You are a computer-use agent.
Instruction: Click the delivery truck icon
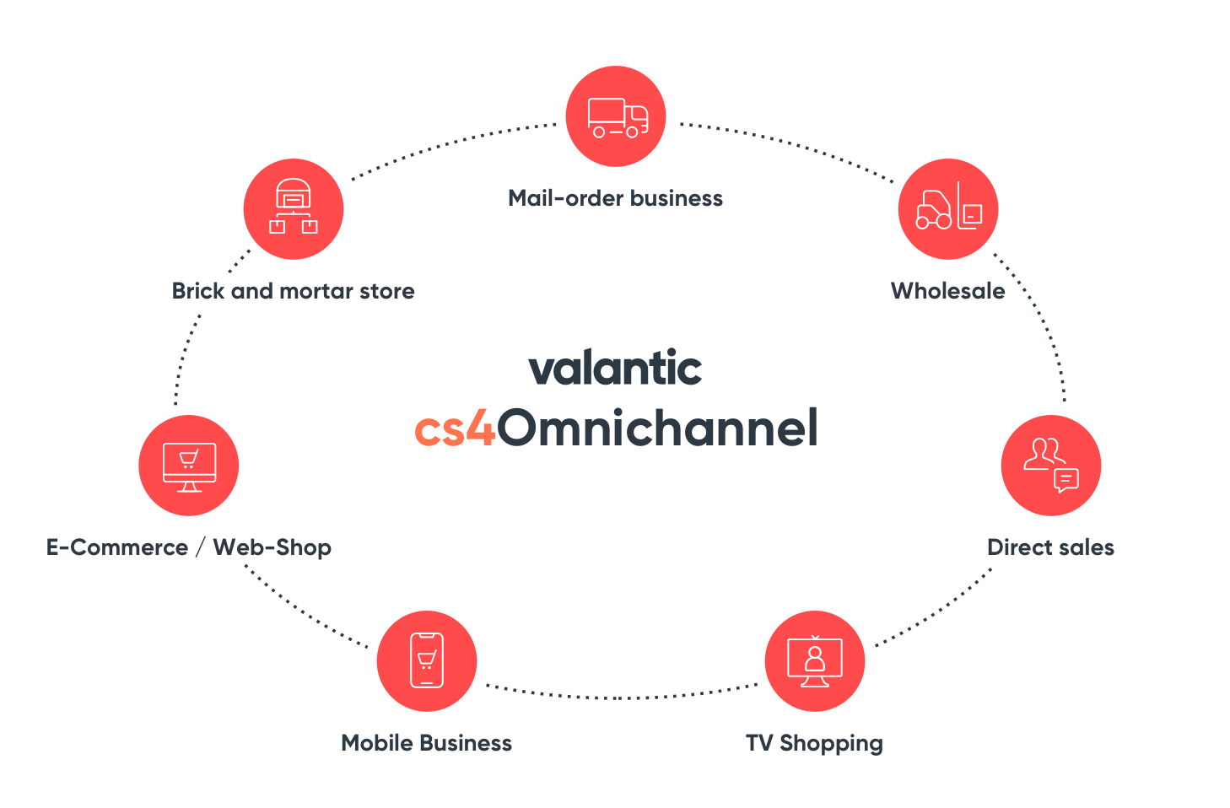pos(618,117)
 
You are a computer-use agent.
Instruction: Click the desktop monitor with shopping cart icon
pos(189,466)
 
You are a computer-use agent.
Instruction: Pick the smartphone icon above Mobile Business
pos(427,660)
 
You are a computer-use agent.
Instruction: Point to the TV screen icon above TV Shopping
pos(815,660)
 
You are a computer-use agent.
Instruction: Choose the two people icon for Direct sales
pos(1044,454)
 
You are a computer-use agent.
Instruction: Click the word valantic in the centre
pos(615,369)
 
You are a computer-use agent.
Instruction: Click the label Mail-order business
pos(615,198)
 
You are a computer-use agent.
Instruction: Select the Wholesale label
pos(947,291)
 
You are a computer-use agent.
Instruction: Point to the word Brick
pos(198,291)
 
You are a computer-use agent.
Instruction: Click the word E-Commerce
pos(117,547)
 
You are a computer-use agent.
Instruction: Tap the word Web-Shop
pos(272,547)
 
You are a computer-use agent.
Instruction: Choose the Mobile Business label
pos(426,743)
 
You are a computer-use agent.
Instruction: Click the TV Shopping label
pos(814,743)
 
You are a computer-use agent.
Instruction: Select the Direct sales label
pos(1050,547)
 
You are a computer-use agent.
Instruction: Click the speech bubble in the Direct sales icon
pos(1066,480)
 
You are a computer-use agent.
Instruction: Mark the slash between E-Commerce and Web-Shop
pos(200,547)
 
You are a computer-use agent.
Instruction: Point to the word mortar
pos(316,291)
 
